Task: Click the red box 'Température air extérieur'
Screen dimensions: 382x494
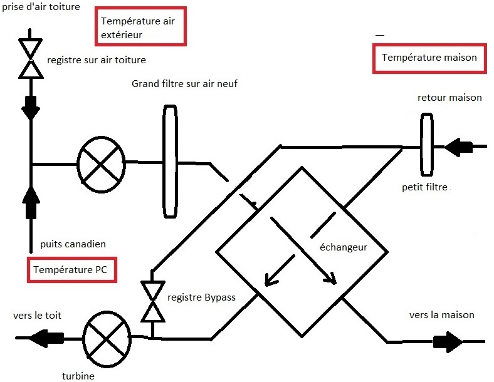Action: [x=140, y=28]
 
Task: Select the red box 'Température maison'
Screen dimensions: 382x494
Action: [x=429, y=58]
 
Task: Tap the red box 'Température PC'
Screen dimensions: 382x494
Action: [x=73, y=271]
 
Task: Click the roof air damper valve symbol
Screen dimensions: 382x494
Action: [x=30, y=59]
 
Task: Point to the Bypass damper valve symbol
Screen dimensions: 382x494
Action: [x=152, y=301]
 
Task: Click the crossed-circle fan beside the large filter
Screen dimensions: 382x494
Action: [x=101, y=163]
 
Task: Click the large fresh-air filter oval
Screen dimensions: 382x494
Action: [x=169, y=162]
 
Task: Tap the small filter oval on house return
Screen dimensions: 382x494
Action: [x=427, y=145]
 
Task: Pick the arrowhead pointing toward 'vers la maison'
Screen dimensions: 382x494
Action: [x=449, y=342]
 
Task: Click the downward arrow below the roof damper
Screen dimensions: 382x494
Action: [x=30, y=108]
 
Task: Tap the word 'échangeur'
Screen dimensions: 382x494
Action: [x=339, y=247]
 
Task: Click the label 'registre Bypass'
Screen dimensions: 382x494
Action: [x=201, y=297]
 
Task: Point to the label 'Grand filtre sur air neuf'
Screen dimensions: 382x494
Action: [x=185, y=84]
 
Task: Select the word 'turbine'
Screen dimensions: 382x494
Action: [x=78, y=376]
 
